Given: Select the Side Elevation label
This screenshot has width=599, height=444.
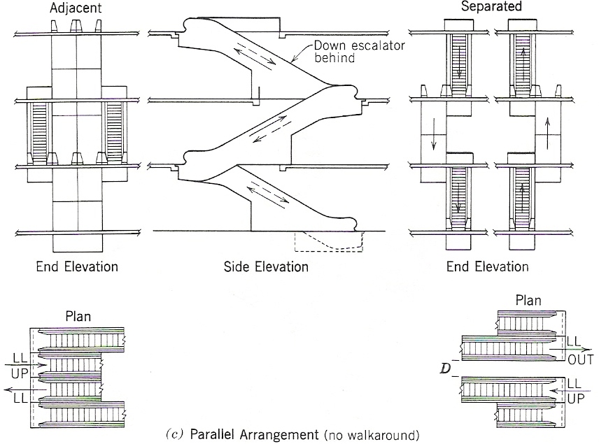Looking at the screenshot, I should (266, 266).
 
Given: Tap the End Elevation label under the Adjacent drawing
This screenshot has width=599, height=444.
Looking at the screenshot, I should (78, 266).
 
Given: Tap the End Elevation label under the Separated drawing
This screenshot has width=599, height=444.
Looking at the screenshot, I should (488, 266).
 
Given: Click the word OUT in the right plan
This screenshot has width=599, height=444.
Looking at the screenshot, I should (580, 361).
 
